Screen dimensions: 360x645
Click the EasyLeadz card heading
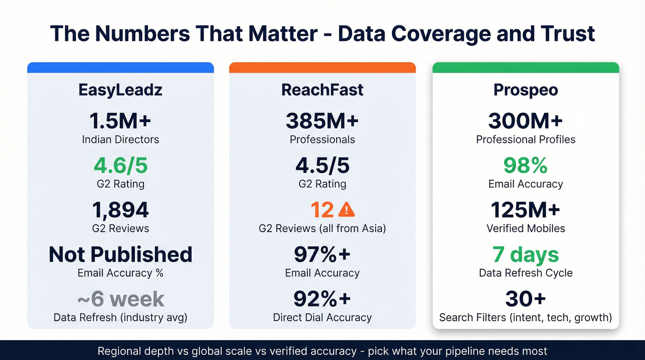(120, 90)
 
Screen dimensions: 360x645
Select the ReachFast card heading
(322, 90)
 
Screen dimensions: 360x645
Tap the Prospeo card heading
(526, 90)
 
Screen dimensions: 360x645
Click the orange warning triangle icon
(346, 210)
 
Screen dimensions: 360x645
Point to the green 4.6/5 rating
(120, 165)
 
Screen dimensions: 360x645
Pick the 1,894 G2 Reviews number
(120, 210)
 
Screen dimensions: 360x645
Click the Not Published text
(120, 254)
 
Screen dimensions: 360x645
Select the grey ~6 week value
(120, 299)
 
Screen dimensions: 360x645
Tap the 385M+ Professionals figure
(322, 121)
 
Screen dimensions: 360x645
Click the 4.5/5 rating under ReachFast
(322, 165)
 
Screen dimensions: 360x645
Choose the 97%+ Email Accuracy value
(322, 254)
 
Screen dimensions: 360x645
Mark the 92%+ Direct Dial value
(322, 299)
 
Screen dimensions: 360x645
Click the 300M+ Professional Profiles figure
(526, 121)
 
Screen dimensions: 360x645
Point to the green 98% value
(526, 165)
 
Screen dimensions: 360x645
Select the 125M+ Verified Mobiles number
(526, 210)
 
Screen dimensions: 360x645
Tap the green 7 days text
(526, 254)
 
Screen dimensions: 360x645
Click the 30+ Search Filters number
(526, 299)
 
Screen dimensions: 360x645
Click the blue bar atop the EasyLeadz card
(120, 68)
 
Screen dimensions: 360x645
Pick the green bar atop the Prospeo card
(526, 68)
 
